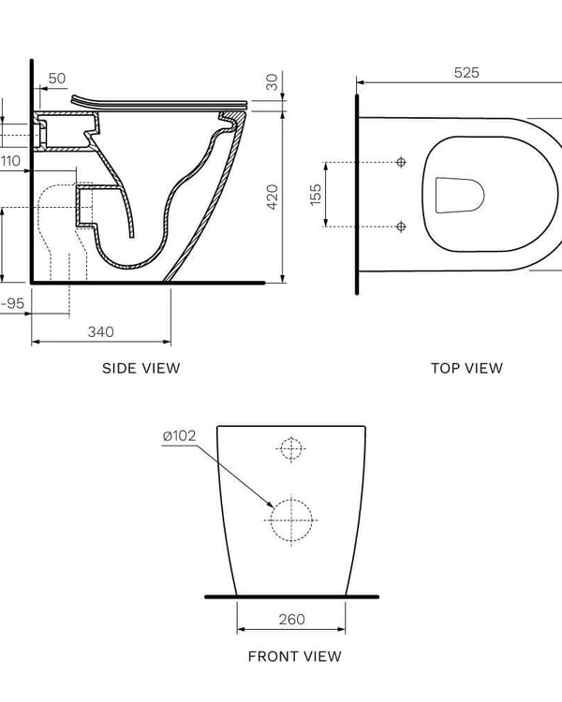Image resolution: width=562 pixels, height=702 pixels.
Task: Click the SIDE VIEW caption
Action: [x=140, y=368]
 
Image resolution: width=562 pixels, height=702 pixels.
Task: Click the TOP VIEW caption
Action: [x=466, y=368]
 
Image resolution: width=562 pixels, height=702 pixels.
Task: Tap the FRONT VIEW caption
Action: [x=294, y=656]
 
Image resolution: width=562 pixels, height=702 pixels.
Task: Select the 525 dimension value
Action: [x=466, y=73]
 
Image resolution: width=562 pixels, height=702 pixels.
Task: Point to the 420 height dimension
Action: [x=273, y=197]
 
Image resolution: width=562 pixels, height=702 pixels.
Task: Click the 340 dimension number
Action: [x=101, y=331]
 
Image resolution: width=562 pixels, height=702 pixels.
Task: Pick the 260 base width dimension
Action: [x=290, y=620]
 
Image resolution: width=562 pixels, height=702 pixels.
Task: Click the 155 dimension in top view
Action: [x=316, y=194]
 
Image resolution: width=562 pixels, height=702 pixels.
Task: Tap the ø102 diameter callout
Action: [x=179, y=435]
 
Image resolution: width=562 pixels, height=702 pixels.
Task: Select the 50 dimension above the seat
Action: [x=57, y=79]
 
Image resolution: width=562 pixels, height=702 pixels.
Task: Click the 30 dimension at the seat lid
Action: [x=272, y=81]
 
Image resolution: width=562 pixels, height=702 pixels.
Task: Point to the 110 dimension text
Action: [x=10, y=161]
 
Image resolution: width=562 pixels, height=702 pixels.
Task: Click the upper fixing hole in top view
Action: [x=402, y=163]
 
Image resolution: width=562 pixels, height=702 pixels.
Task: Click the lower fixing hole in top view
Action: [x=402, y=227]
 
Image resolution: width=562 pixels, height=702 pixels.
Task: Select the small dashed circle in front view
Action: [x=291, y=448]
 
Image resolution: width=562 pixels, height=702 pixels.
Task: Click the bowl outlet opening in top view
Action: [x=460, y=195]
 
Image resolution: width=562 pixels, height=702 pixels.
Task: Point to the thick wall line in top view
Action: [x=357, y=192]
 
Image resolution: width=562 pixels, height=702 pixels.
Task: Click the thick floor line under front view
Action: [x=291, y=596]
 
